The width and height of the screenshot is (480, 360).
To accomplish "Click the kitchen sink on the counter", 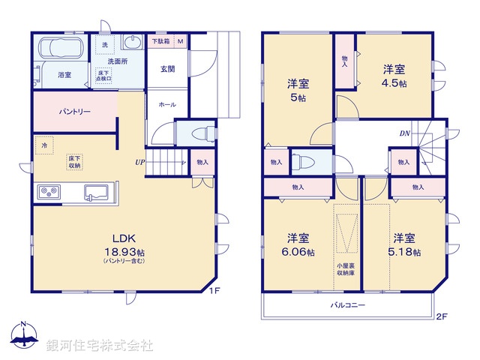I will tap(97, 192).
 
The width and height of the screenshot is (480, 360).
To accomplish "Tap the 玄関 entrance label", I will tap(167, 69).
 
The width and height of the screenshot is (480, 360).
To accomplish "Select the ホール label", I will tap(167, 105).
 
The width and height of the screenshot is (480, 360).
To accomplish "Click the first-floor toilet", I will tap(197, 133).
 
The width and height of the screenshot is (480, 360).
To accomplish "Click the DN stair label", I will tap(404, 134).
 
